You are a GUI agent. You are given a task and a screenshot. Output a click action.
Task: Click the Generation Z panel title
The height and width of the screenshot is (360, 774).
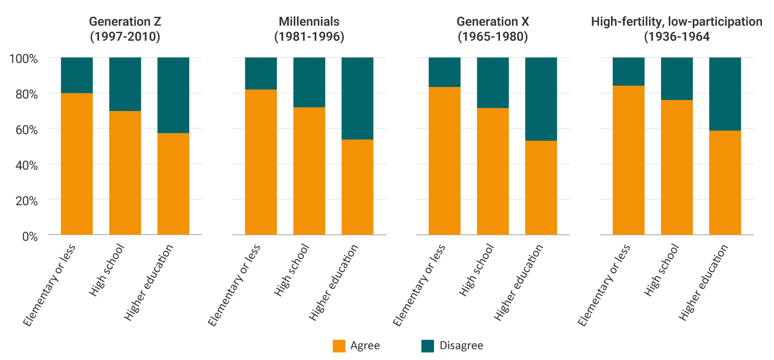(125, 29)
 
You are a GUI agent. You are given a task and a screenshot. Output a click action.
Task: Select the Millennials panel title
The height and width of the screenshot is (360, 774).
(309, 29)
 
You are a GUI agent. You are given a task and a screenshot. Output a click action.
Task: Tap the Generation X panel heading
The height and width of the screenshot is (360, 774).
(493, 29)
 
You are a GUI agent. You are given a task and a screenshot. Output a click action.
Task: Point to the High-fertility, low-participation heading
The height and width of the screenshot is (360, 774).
(676, 29)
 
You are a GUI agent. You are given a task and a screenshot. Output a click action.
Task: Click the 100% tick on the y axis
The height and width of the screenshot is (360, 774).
(24, 59)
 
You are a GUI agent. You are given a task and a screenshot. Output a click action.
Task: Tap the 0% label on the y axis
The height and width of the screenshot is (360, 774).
(30, 236)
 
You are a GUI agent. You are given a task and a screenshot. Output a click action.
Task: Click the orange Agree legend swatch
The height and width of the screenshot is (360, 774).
(339, 346)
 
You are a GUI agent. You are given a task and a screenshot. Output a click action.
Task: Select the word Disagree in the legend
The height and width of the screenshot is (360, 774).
(461, 346)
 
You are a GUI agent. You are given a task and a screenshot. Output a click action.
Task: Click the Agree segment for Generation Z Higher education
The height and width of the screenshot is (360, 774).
(173, 184)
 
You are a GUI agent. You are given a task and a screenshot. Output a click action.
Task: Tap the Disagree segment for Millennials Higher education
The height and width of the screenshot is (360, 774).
(357, 99)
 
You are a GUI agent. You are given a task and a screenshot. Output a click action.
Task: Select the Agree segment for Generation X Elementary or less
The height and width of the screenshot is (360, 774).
(445, 161)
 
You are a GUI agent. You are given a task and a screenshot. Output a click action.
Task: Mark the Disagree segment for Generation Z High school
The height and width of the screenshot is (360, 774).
(125, 84)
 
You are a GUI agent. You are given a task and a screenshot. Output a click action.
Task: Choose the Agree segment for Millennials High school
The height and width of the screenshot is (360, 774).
(309, 171)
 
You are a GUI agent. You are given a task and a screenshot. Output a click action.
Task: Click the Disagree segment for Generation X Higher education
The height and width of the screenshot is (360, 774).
(541, 99)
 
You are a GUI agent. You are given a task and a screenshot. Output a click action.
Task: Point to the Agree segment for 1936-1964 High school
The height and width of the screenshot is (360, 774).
(676, 167)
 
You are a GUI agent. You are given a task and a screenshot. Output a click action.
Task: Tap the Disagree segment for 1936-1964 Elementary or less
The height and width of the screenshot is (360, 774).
(628, 72)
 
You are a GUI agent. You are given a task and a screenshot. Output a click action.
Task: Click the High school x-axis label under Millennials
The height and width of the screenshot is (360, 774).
(292, 270)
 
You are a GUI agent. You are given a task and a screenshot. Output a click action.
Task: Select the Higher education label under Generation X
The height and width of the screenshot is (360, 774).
(518, 283)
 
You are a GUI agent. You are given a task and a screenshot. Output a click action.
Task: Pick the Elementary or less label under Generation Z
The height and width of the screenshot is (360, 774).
(49, 286)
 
